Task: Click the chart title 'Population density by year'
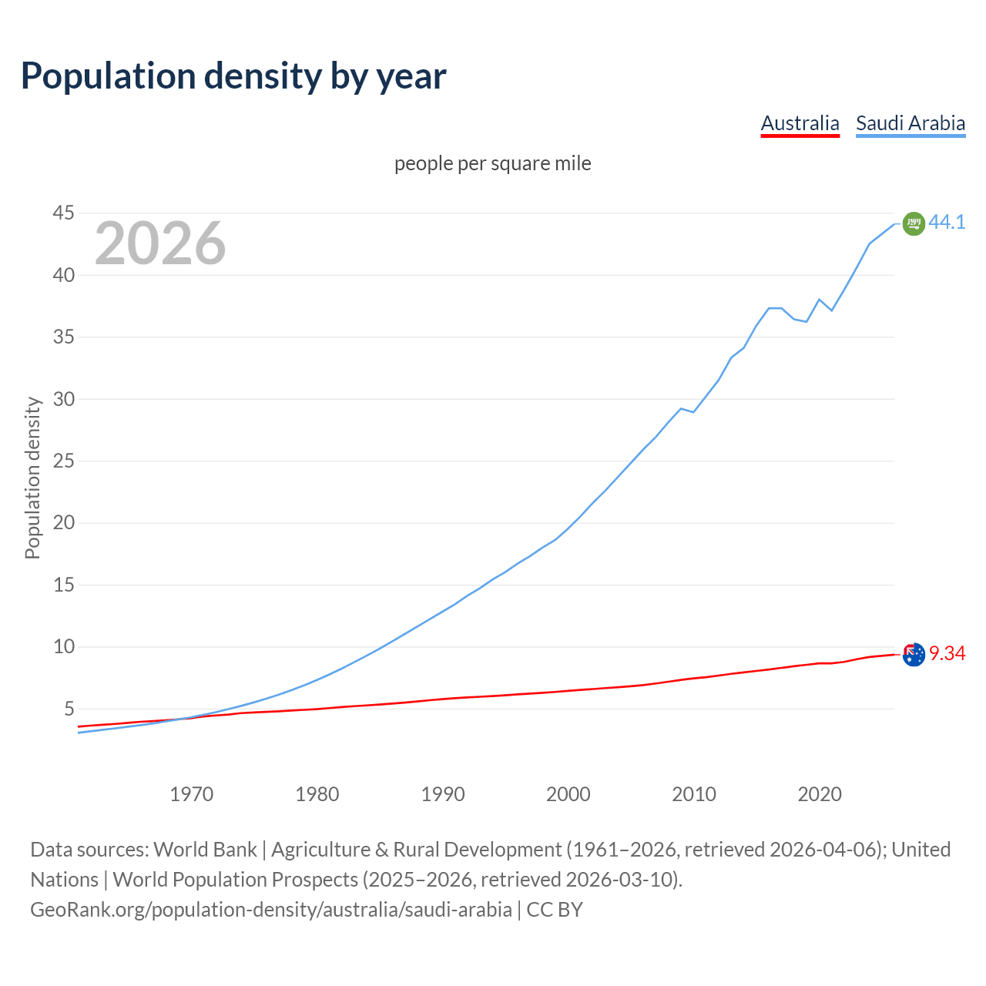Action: click(x=233, y=76)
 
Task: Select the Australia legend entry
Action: click(x=800, y=123)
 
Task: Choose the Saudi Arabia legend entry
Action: click(x=911, y=123)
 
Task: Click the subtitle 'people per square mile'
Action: click(x=492, y=164)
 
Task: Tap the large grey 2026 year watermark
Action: click(x=160, y=243)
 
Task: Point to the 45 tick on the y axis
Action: click(x=64, y=213)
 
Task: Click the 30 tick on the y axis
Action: click(x=64, y=399)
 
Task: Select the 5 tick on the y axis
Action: click(x=69, y=709)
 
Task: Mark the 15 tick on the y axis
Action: click(x=64, y=585)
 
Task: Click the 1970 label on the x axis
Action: click(x=192, y=794)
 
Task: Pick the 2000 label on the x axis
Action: click(x=568, y=794)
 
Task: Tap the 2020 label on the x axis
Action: click(x=820, y=794)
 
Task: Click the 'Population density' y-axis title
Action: click(x=32, y=478)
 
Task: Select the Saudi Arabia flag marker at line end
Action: click(x=914, y=223)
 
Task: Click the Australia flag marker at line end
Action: click(x=914, y=655)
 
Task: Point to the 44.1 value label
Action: click(x=947, y=222)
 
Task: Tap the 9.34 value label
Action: click(x=947, y=654)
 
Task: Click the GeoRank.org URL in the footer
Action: click(x=271, y=910)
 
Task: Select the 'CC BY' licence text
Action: click(x=555, y=910)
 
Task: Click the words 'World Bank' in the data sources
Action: click(x=205, y=850)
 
